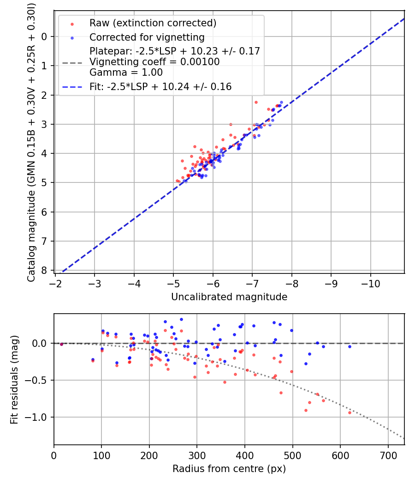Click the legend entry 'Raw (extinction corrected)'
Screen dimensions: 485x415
point(153,23)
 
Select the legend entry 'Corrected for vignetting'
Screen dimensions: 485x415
point(147,37)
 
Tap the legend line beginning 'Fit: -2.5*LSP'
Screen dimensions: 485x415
point(160,86)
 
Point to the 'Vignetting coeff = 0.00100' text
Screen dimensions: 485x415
point(154,61)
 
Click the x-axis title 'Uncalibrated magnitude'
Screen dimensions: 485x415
point(229,297)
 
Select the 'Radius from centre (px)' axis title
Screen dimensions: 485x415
point(229,469)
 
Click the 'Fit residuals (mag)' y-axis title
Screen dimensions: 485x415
point(14,380)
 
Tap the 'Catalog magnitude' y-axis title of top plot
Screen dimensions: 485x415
point(31,142)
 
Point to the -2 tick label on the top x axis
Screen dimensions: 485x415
point(55,284)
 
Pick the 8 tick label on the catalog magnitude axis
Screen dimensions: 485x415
point(45,270)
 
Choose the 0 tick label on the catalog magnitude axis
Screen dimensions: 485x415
point(45,36)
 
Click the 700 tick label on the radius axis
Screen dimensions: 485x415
point(388,455)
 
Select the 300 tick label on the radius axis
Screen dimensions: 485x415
point(197,455)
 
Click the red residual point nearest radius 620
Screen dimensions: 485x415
point(350,412)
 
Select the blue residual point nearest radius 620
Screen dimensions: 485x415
point(350,346)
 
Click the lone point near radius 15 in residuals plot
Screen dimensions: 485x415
point(61,344)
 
